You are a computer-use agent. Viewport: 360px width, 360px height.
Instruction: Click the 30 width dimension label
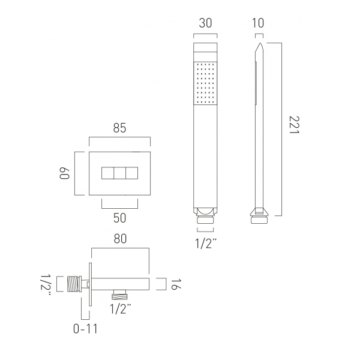point(205,23)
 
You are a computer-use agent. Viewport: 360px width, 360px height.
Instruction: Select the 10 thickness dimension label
point(258,23)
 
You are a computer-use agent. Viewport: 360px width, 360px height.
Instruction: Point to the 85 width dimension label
point(119,128)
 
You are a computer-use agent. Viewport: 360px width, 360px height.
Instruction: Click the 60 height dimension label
point(64,173)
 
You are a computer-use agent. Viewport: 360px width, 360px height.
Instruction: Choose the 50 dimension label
point(119,218)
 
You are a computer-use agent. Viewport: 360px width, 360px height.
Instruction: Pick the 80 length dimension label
point(120,239)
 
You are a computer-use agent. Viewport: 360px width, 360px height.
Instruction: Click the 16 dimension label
point(176,284)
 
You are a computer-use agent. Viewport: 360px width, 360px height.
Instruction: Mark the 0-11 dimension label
point(85,329)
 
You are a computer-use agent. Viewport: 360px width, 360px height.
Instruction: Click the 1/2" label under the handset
point(206,244)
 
